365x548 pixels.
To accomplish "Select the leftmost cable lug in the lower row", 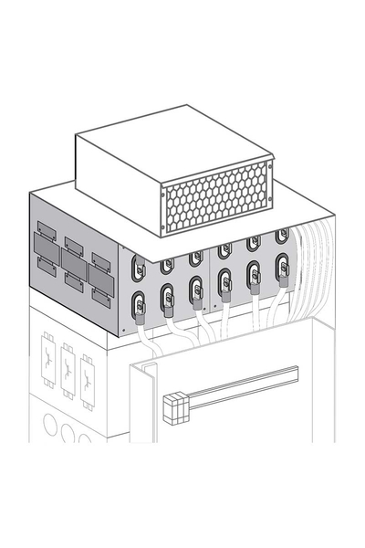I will click(x=140, y=304).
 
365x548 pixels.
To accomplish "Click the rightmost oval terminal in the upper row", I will click(x=283, y=236).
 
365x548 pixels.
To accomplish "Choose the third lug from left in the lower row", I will click(x=196, y=290).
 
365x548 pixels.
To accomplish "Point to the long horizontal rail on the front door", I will click(x=242, y=388).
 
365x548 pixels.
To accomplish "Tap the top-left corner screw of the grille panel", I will click(x=163, y=194).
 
